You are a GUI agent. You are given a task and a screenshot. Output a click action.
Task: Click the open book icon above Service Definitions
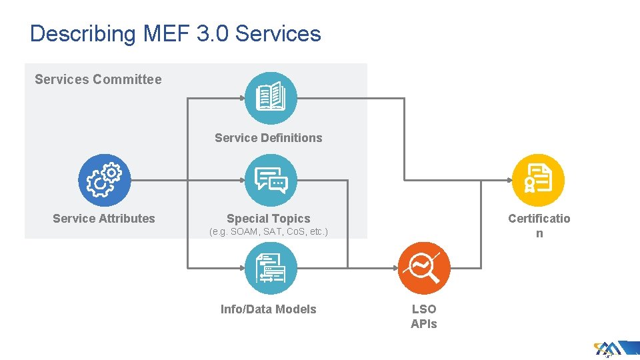click(271, 98)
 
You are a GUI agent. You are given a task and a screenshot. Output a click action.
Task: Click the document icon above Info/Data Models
click(271, 268)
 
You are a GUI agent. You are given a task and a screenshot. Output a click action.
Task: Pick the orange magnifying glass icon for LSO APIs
click(424, 268)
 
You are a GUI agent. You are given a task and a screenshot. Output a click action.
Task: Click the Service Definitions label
click(268, 138)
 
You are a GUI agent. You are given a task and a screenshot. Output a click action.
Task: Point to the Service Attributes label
click(104, 219)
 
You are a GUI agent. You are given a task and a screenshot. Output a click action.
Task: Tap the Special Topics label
click(269, 219)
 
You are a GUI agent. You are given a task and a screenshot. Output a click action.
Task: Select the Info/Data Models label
click(269, 309)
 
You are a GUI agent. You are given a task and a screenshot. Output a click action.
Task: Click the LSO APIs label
click(424, 317)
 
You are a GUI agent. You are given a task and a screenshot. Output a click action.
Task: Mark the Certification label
click(539, 225)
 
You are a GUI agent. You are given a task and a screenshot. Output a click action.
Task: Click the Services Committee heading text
click(98, 79)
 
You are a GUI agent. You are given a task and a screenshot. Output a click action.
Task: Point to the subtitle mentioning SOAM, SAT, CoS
click(269, 233)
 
